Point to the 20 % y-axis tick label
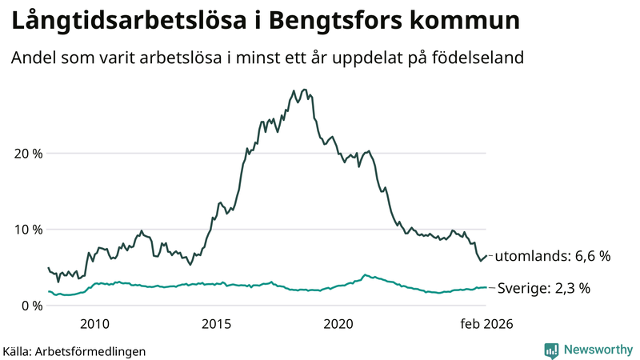pos(26,154)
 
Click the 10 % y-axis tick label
pos(26,230)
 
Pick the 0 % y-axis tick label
pos(30,306)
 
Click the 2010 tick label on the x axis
pos(94,324)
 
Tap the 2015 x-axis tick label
pos(216,324)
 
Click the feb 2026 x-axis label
pos(485,324)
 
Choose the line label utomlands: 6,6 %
pos(552,257)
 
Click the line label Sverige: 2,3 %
pos(544,288)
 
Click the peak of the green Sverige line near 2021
pos(365,275)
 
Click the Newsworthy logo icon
pos(551,350)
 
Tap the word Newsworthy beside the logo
pos(598,350)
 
